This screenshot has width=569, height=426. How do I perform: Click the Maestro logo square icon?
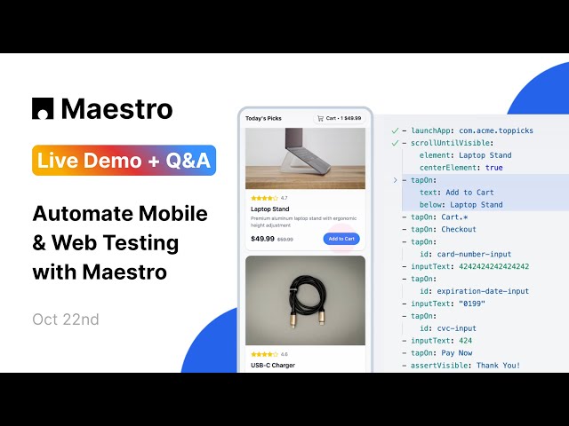pos(43,108)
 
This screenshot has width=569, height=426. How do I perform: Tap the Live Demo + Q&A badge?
pos(124,161)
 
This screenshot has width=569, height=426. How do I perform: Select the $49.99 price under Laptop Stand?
pos(262,239)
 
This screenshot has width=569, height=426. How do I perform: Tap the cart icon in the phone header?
pos(320,117)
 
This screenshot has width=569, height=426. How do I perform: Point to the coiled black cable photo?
pos(305,300)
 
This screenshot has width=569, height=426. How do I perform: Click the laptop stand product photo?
pos(305,158)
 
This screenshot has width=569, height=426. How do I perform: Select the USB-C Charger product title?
pos(273,365)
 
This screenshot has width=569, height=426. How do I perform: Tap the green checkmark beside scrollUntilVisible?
pos(395,142)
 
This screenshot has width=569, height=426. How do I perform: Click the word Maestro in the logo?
pos(116,108)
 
